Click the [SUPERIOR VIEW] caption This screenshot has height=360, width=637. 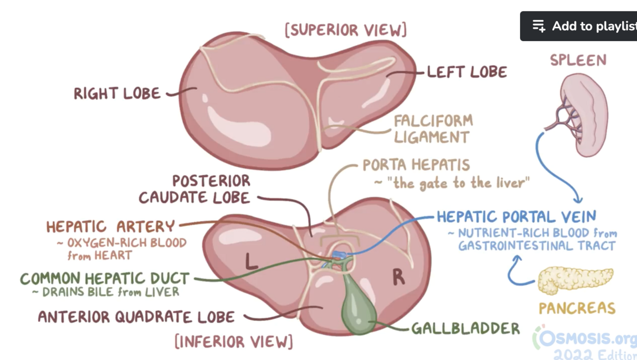[346, 30]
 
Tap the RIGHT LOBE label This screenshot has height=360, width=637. [117, 94]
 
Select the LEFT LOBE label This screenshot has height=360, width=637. [467, 72]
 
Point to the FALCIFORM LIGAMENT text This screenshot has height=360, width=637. [433, 129]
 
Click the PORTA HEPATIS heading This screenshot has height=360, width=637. [416, 165]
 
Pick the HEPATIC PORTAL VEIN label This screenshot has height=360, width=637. [516, 217]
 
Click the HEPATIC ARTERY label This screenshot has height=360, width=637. [110, 226]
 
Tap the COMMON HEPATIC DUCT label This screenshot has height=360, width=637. [105, 278]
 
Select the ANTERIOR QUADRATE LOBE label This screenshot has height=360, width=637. [136, 317]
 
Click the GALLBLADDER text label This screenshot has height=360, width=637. [465, 328]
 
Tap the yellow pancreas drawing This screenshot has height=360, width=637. [575, 280]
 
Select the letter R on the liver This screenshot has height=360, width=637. [399, 277]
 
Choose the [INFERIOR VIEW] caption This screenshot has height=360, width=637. [234, 342]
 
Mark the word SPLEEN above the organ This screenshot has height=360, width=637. [578, 60]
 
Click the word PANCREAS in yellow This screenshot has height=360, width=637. [577, 308]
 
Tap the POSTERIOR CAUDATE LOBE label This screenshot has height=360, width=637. [195, 189]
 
